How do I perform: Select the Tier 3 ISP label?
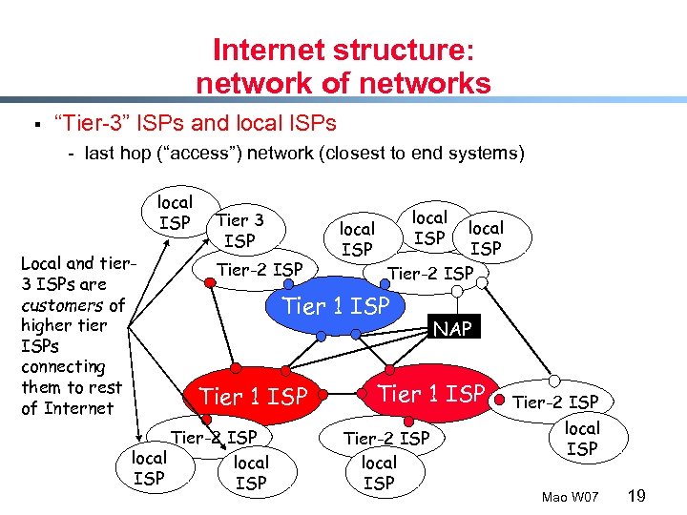pyautogui.click(x=239, y=231)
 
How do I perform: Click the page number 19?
pyautogui.click(x=638, y=495)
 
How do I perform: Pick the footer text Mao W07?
pyautogui.click(x=570, y=497)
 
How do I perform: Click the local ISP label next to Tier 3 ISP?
pyautogui.click(x=175, y=213)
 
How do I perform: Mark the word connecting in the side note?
pyautogui.click(x=63, y=367)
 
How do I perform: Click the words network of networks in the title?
pyautogui.click(x=343, y=84)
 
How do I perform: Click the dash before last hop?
pyautogui.click(x=72, y=153)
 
